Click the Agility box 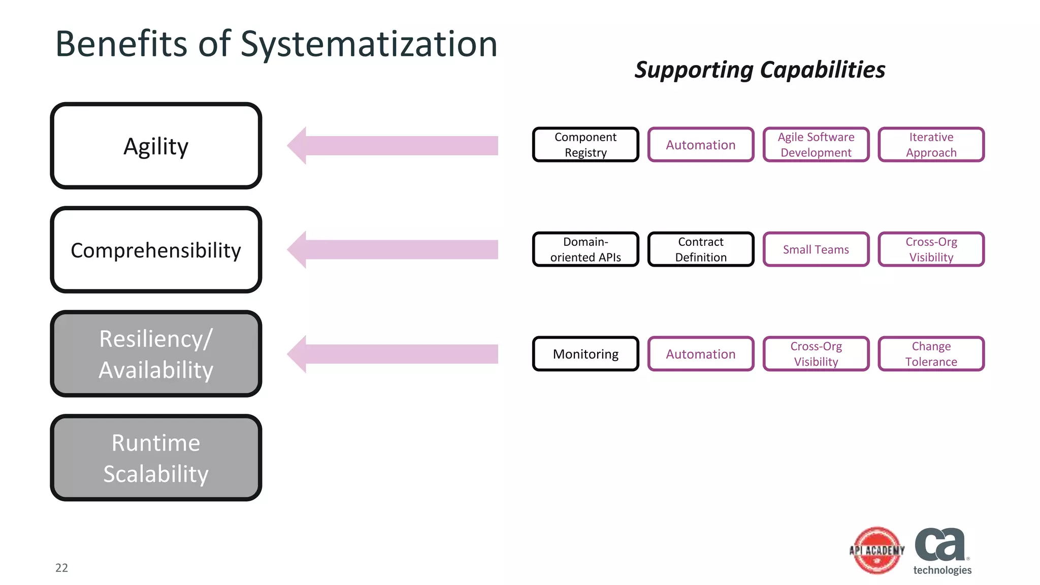pyautogui.click(x=156, y=146)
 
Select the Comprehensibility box pyautogui.click(x=156, y=249)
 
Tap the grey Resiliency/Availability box pyautogui.click(x=156, y=354)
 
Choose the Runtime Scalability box pyautogui.click(x=156, y=458)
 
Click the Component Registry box pyautogui.click(x=586, y=145)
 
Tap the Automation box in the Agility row pyautogui.click(x=701, y=145)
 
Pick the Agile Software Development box pyautogui.click(x=816, y=145)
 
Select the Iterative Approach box pyautogui.click(x=931, y=145)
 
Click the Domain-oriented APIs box pyautogui.click(x=586, y=249)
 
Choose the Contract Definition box pyautogui.click(x=701, y=249)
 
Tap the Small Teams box pyautogui.click(x=816, y=249)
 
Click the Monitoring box pyautogui.click(x=586, y=354)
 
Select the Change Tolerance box pyautogui.click(x=931, y=354)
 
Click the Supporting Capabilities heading pyautogui.click(x=760, y=70)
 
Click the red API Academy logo pyautogui.click(x=877, y=550)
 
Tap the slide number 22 pyautogui.click(x=61, y=568)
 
